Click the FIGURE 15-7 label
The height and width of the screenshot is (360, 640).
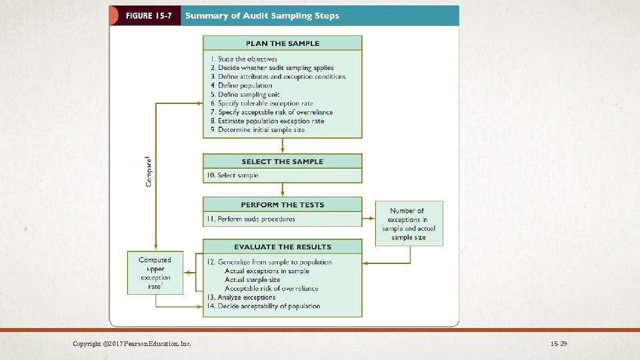click(x=145, y=15)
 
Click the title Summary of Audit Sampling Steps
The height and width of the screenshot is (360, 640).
click(x=262, y=15)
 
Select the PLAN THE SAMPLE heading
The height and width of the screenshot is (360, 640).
click(x=283, y=43)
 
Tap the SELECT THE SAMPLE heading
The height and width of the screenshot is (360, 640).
click(x=283, y=161)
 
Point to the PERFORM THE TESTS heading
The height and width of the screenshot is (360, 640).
click(x=283, y=205)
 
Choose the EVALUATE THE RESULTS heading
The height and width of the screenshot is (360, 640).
click(x=283, y=247)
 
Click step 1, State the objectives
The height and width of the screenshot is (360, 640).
click(x=243, y=59)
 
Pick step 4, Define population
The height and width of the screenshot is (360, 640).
click(x=241, y=85)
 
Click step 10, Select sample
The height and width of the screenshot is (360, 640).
click(x=233, y=175)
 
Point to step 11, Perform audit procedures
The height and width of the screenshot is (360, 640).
click(x=251, y=219)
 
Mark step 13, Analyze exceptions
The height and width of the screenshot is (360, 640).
click(x=241, y=297)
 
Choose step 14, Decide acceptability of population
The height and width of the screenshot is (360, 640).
click(x=264, y=306)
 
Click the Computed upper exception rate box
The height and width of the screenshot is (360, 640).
click(x=155, y=272)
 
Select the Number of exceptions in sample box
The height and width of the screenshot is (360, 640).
click(x=409, y=223)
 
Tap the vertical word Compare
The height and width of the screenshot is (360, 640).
click(x=148, y=171)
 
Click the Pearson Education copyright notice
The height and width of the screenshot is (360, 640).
click(x=132, y=343)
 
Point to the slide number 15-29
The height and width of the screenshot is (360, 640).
click(x=559, y=343)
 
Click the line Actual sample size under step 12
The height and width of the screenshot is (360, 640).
click(x=253, y=280)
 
